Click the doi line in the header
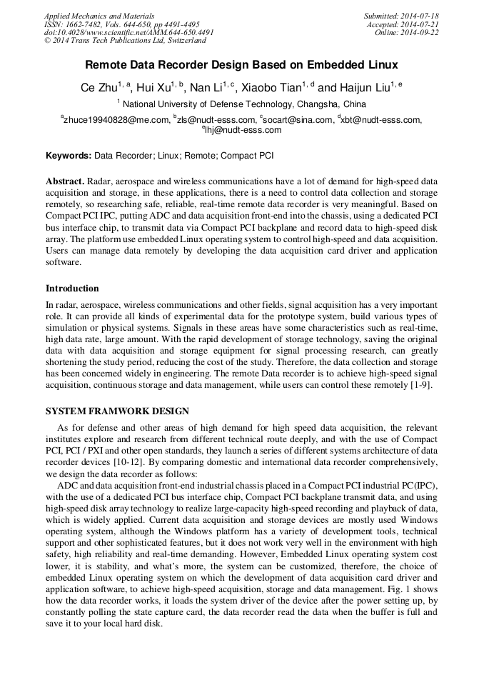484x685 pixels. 128,33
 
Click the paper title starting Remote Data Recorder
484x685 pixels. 242,65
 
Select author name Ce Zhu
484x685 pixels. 98,89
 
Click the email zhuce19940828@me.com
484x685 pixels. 116,120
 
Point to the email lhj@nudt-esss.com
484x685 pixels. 243,130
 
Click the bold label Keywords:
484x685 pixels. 69,155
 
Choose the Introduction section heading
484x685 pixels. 72,289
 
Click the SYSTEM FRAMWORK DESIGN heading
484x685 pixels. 117,411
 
